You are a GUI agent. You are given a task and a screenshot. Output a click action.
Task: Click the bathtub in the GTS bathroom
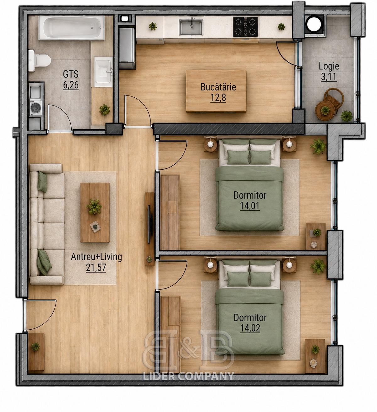71,28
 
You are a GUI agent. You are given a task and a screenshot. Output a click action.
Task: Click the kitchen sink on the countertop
191,27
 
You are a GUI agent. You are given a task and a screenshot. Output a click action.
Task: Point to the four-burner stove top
245,27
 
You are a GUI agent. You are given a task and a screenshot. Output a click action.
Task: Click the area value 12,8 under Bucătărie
218,97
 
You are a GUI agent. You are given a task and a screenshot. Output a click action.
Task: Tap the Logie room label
329,66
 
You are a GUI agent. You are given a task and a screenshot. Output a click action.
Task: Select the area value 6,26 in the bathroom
71,85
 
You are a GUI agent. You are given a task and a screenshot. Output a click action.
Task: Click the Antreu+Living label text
96,257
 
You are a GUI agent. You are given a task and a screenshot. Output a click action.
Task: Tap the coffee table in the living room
95,212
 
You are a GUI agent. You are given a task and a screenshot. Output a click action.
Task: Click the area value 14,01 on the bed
250,206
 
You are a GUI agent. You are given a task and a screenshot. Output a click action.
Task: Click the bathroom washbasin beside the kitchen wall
103,72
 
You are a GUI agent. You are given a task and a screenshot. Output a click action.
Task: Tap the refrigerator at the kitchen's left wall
127,48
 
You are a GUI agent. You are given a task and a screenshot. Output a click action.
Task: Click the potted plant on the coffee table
94,206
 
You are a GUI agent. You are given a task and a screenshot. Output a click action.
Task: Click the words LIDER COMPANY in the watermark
188,376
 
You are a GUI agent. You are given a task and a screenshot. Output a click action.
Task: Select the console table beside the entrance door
36,352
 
